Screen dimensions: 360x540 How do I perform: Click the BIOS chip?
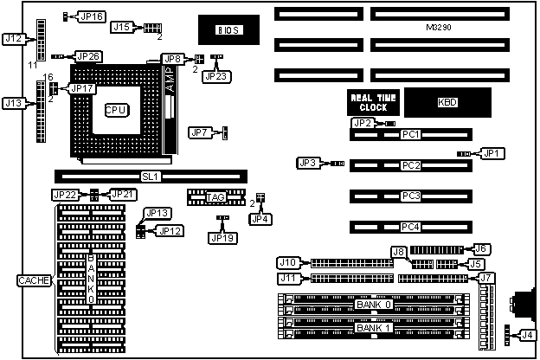click(227, 30)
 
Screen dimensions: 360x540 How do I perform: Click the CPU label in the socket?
click(116, 111)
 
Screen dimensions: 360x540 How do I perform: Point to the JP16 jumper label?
click(91, 16)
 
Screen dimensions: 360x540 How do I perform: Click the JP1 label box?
click(492, 153)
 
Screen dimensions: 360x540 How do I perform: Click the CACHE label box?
click(34, 280)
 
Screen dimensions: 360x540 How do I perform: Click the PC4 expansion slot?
click(410, 227)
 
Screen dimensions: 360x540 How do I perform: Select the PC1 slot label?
click(410, 134)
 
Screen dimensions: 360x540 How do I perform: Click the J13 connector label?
click(14, 103)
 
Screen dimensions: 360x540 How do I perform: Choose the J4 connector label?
click(528, 334)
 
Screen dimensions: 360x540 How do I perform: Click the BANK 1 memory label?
click(374, 328)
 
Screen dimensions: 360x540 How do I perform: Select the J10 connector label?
click(287, 262)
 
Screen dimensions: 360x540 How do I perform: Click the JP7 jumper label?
click(200, 132)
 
